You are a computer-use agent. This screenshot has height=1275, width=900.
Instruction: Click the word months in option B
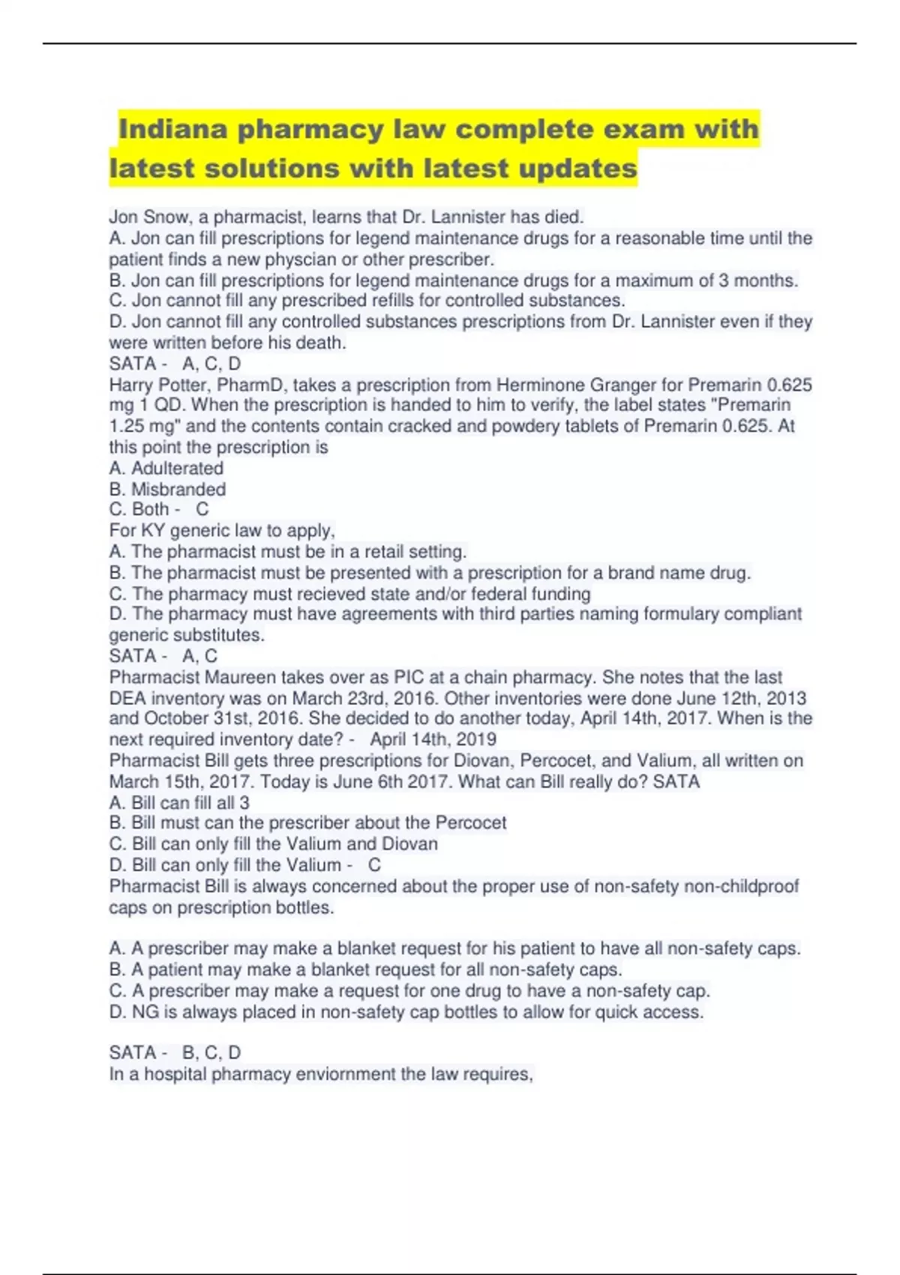pos(764,280)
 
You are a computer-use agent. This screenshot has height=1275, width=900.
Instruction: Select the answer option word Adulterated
pos(177,468)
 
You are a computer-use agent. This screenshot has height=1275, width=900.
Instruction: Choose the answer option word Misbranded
pos(178,489)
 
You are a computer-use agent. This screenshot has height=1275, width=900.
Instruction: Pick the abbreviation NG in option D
pos(145,1012)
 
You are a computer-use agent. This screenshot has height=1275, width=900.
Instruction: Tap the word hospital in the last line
pos(175,1074)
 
